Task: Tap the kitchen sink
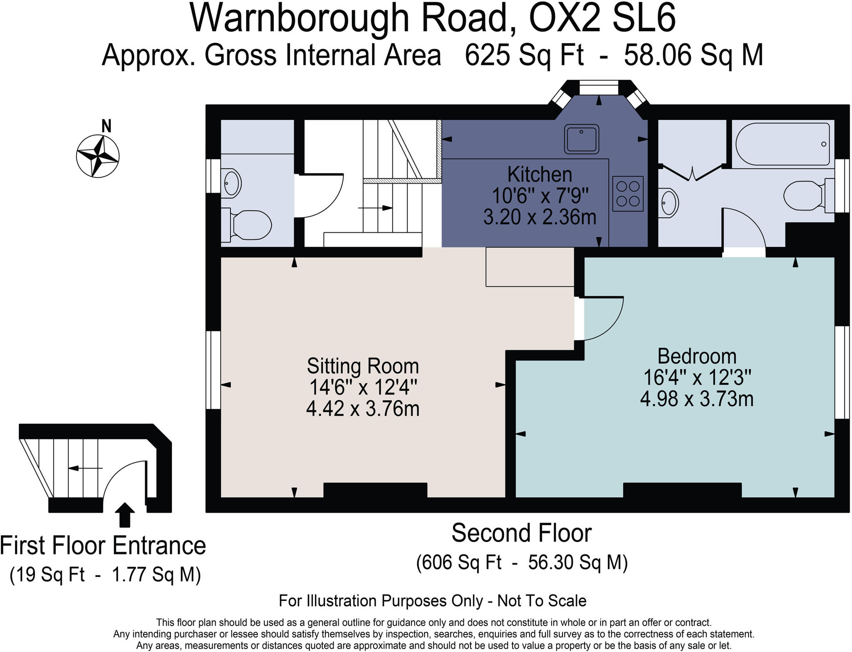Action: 581,139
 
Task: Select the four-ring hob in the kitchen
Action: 628,194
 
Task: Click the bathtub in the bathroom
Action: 782,144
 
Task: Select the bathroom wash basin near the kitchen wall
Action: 668,203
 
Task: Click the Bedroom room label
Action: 697,357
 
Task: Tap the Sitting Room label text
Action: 363,366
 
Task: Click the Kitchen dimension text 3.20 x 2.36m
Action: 540,217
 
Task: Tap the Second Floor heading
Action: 521,533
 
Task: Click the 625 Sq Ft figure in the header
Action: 524,55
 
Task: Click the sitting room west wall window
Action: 213,370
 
